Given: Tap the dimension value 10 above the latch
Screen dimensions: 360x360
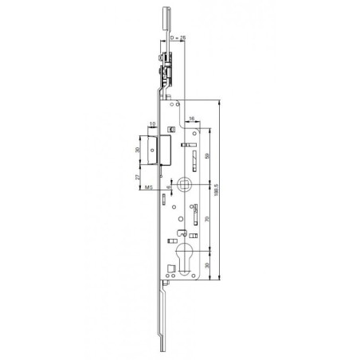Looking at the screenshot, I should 151,124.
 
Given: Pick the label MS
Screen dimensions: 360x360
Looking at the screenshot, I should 148,189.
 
